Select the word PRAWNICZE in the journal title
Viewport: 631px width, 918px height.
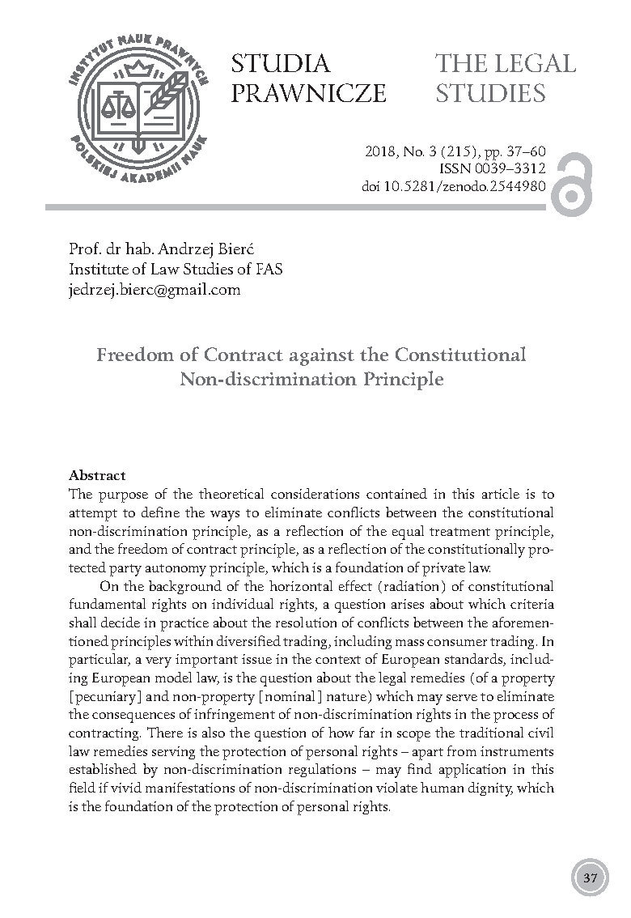[308, 94]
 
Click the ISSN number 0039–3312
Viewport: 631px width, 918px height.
[516, 168]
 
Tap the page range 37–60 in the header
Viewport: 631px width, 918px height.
[526, 151]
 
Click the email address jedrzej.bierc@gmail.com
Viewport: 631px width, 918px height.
[155, 289]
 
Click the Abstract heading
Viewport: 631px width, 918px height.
[97, 475]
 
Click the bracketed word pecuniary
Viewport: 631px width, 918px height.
[109, 670]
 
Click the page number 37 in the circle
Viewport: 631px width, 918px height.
[589, 878]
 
